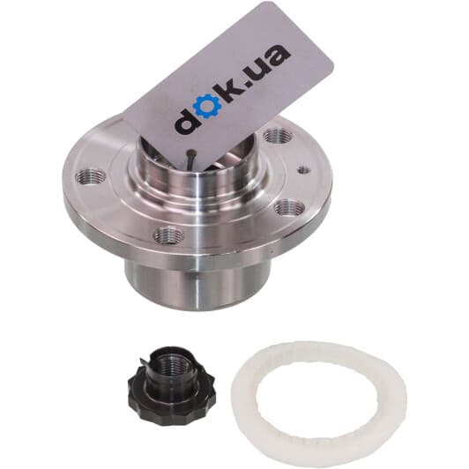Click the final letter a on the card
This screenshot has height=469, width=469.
[x=279, y=56]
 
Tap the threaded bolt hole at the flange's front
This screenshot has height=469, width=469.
[x=168, y=234]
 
